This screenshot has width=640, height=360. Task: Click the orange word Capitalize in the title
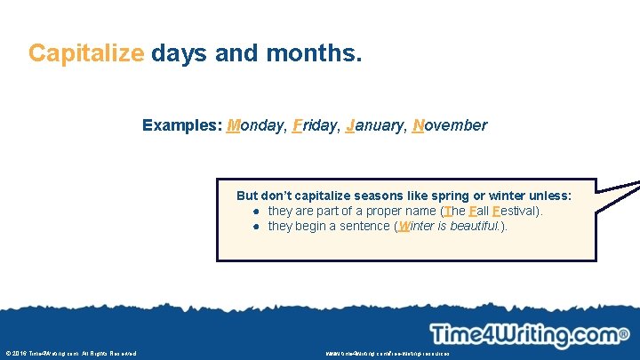pos(85,53)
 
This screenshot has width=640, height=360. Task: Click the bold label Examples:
pos(182,125)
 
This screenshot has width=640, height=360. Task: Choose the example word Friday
pos(311,125)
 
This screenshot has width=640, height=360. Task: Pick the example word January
pos(372,125)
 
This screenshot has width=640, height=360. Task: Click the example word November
pos(450,125)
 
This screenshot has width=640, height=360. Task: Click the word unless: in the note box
pos(548,196)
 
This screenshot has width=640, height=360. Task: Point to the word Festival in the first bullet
pos(511,211)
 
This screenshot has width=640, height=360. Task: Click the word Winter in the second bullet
pos(418,226)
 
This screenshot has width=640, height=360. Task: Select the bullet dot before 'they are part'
pos(255,212)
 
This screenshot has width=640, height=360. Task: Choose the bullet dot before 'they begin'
pos(255,227)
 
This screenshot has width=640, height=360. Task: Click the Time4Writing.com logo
pos(524,335)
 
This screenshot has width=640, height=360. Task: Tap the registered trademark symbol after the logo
pos(624,334)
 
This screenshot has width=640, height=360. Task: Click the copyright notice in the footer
pos(71,354)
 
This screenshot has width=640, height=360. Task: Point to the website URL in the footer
pos(388,354)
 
